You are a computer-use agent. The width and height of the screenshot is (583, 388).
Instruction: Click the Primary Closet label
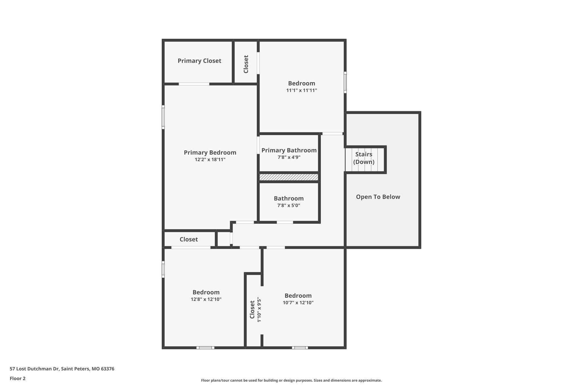pos(199,61)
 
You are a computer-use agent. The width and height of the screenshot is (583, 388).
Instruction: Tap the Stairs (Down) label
pos(364,158)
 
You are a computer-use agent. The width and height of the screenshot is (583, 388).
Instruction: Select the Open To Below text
pos(378,197)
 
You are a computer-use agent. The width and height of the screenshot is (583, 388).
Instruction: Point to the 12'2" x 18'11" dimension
pos(210,160)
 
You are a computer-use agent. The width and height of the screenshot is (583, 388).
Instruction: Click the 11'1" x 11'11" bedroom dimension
pos(301,90)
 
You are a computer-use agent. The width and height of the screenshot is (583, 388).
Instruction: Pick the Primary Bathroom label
pos(289,150)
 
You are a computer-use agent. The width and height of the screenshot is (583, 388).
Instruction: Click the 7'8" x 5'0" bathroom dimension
pos(289,206)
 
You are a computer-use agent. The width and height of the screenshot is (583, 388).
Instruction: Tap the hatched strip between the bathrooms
pos(289,177)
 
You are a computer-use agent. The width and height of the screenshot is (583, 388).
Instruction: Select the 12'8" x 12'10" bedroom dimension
pos(206,299)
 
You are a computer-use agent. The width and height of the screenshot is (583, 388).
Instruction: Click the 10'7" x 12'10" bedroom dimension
pos(298,303)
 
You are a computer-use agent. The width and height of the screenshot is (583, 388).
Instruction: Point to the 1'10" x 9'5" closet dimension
pos(259,310)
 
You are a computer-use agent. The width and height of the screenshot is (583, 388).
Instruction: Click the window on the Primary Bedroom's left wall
pos(163,117)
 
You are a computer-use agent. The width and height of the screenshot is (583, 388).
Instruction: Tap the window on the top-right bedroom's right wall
pos(345,82)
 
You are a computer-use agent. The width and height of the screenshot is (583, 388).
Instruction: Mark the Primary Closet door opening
pos(194,84)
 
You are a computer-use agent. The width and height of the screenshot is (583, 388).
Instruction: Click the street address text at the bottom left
pos(62,369)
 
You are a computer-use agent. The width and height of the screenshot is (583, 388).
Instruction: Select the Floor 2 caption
pos(17,378)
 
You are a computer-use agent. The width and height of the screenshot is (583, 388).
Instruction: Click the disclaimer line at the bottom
pos(291,380)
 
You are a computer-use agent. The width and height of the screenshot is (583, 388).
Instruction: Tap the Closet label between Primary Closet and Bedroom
pos(246,64)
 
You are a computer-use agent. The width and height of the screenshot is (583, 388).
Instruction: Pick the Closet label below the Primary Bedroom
pos(188,239)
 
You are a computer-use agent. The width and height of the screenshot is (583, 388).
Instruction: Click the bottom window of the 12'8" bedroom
pos(205,347)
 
